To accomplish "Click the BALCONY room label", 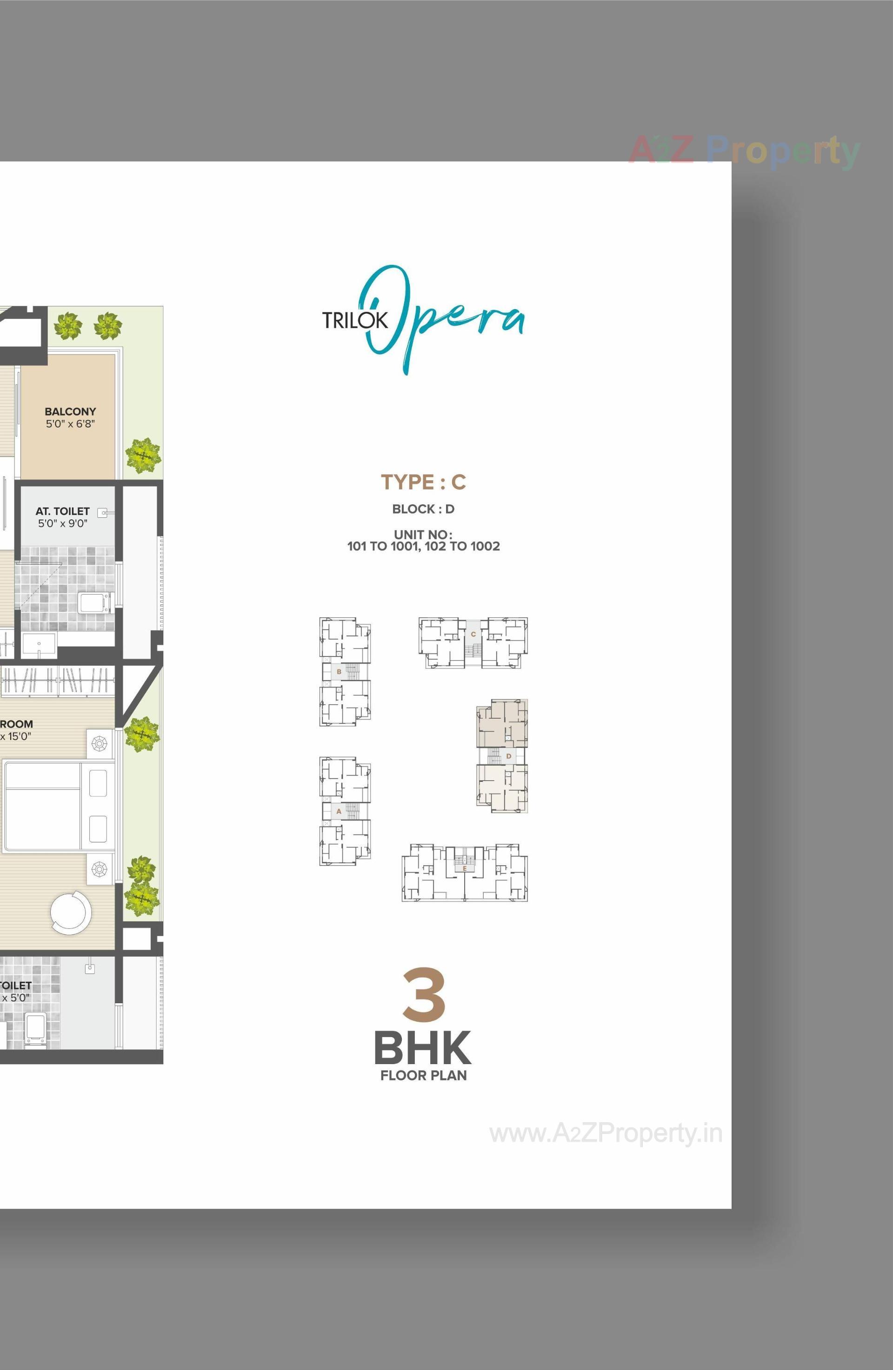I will point(70,411).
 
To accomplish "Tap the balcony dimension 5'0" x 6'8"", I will point(70,424).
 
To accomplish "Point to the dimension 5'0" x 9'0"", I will point(62,523).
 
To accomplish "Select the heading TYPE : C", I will point(423,482).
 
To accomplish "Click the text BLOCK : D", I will point(423,509).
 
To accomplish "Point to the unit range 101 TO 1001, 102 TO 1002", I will point(423,546).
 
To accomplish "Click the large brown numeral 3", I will point(424,995).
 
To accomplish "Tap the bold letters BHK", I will point(423,1048).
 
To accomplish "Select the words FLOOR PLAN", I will point(423,1075).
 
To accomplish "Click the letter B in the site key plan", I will point(339,672).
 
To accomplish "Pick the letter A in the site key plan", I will point(339,811).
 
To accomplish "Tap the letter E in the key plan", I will point(464,867).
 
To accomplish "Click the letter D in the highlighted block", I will point(508,756).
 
